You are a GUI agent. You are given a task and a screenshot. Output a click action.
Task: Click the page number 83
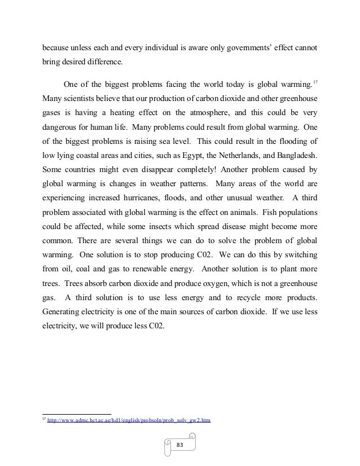(x=180, y=445)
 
